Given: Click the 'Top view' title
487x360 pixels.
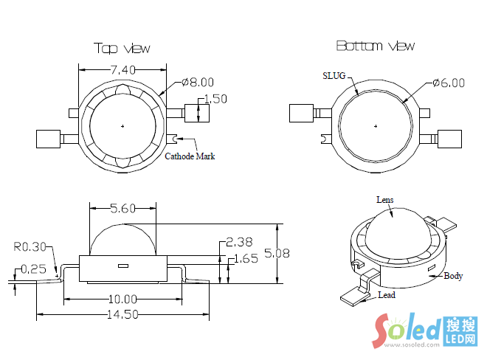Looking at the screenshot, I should click(x=122, y=48).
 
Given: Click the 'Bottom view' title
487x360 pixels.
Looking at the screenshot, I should click(x=376, y=46).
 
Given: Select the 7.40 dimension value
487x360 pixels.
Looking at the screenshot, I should click(x=122, y=70).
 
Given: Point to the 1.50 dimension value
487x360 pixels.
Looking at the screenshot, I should click(x=215, y=98).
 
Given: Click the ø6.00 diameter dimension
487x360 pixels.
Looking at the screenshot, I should click(x=449, y=83).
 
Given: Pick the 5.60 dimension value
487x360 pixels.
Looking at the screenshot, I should click(x=122, y=209).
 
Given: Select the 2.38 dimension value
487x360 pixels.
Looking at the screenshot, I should click(x=240, y=242).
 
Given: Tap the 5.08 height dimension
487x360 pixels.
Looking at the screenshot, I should click(x=277, y=253).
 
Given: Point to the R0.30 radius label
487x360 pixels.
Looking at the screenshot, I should click(x=29, y=246).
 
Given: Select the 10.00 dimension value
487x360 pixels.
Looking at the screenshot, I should click(x=122, y=299).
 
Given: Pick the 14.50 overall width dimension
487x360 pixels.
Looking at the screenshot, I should click(x=122, y=314).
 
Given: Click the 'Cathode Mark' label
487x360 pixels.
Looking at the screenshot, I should click(x=190, y=156).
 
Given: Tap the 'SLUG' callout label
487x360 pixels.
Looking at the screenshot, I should click(x=334, y=75).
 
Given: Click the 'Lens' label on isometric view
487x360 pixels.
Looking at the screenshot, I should click(x=385, y=200).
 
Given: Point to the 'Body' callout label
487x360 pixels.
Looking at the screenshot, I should click(x=453, y=276).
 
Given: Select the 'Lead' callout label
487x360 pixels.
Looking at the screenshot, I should click(x=386, y=295).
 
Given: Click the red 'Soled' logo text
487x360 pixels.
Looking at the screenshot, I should click(x=407, y=328).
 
